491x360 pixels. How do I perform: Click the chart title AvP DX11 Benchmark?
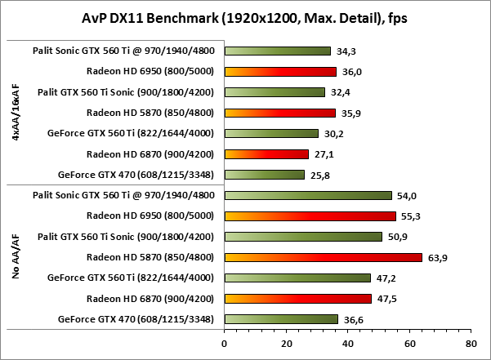245,17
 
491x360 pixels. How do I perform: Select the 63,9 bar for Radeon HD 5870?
323,257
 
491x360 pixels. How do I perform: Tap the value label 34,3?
343,51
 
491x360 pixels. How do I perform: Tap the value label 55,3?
408,216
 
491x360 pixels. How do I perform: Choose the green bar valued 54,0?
308,195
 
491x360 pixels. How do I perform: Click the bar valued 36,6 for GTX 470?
281,318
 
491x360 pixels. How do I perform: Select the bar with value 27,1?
266,153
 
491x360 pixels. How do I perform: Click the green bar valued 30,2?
271,133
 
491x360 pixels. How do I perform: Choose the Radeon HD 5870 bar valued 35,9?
279,113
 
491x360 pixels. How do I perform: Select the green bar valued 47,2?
297,278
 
